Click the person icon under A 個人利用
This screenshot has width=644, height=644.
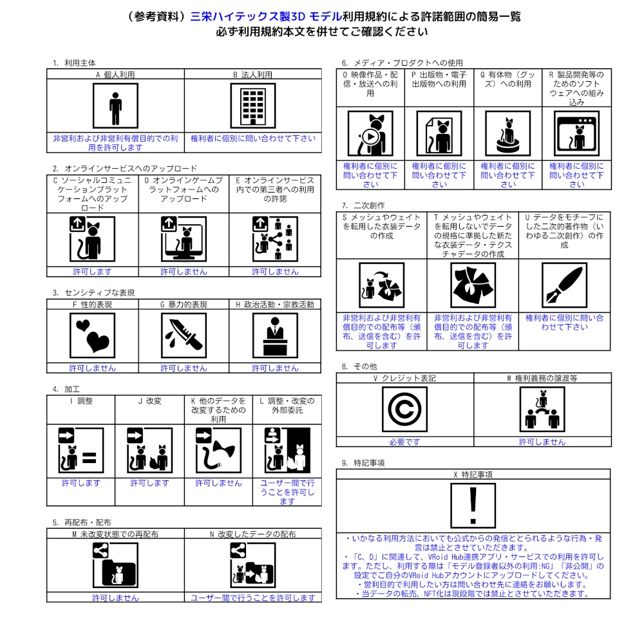pyautogui.click(x=115, y=107)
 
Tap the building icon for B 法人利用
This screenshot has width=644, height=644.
pyautogui.click(x=253, y=107)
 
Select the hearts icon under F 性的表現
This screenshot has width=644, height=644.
pyautogui.click(x=92, y=336)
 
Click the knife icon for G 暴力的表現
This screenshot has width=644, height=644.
pyautogui.click(x=184, y=336)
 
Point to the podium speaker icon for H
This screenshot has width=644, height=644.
pyautogui.click(x=275, y=336)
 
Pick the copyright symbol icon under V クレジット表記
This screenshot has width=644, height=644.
pyautogui.click(x=404, y=410)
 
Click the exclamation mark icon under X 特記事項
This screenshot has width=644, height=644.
pyautogui.click(x=473, y=506)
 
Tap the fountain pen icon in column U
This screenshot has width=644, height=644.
pyautogui.click(x=564, y=285)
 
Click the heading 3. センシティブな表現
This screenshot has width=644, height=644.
pyautogui.click(x=94, y=292)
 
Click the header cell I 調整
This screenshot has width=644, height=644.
pyautogui.click(x=81, y=401)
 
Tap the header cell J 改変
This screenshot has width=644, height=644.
pyautogui.click(x=149, y=401)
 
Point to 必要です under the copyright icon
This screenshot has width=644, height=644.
pyautogui.click(x=404, y=442)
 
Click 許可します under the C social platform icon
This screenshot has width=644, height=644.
pyautogui.click(x=92, y=272)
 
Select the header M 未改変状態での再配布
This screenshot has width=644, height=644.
pyautogui.click(x=115, y=535)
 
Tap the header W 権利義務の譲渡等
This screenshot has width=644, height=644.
pyautogui.click(x=542, y=378)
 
